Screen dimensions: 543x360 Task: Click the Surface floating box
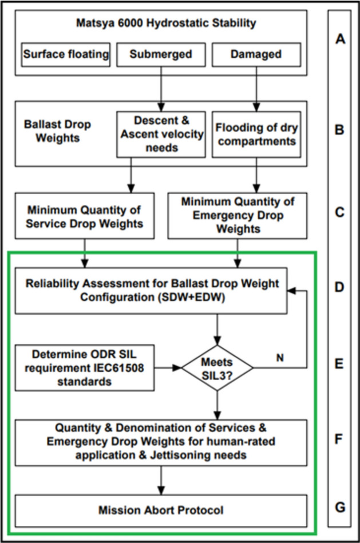65,54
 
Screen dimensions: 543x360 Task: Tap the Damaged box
256,54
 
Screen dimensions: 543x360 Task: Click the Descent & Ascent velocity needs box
160,134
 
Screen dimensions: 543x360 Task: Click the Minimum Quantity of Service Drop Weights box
84,216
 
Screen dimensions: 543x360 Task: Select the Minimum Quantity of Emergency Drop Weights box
238,215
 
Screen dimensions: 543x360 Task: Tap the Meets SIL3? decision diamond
217,368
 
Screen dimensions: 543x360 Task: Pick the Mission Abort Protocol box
160,510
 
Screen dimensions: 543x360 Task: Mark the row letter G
339,507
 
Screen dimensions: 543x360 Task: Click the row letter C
339,213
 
